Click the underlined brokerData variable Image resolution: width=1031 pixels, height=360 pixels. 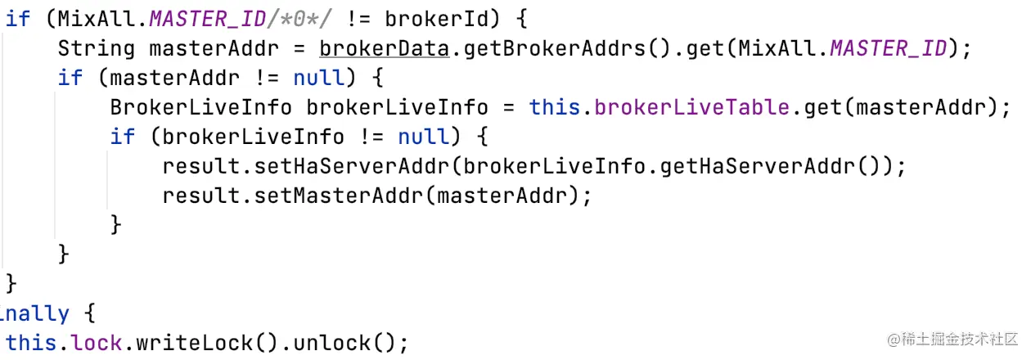[x=384, y=48]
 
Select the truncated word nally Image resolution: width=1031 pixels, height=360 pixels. [x=34, y=313]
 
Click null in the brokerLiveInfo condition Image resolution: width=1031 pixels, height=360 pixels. [x=424, y=137]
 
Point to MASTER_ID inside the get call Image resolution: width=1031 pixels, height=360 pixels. [x=888, y=48]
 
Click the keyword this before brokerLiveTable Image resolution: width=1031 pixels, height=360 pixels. [x=555, y=107]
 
